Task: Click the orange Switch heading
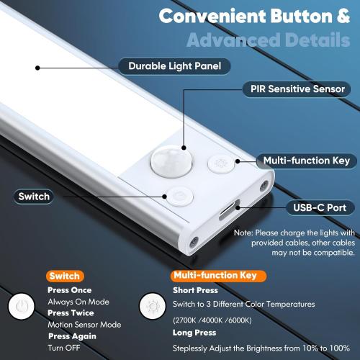tap(65, 276)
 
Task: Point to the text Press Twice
tap(69, 313)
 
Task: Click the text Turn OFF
tap(65, 348)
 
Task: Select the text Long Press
tap(194, 333)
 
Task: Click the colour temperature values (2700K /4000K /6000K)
tap(212, 319)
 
